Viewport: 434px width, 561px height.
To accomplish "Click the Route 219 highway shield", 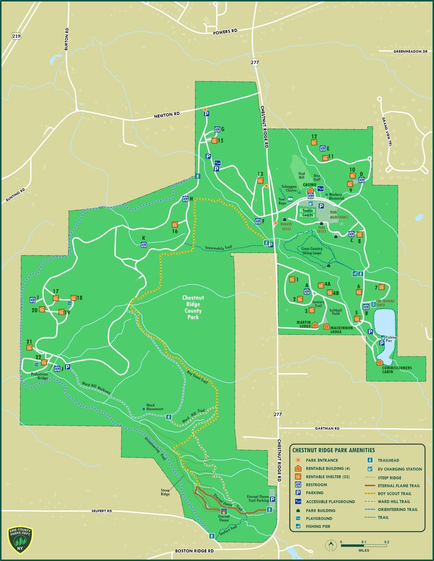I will click(x=17, y=36).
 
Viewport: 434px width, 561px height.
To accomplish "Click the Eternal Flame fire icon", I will click(x=224, y=511).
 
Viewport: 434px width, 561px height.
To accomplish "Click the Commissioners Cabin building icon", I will click(x=379, y=362).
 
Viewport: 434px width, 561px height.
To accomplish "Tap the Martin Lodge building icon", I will click(x=315, y=325).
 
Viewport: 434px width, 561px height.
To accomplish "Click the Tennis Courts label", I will click(x=307, y=213).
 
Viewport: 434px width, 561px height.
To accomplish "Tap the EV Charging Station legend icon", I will click(x=370, y=469).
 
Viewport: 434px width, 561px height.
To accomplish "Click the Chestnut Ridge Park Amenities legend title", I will click(x=334, y=450).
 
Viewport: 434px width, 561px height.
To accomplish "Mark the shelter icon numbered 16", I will click(x=175, y=224).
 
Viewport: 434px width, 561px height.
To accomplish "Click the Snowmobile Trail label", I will click(x=219, y=248).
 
